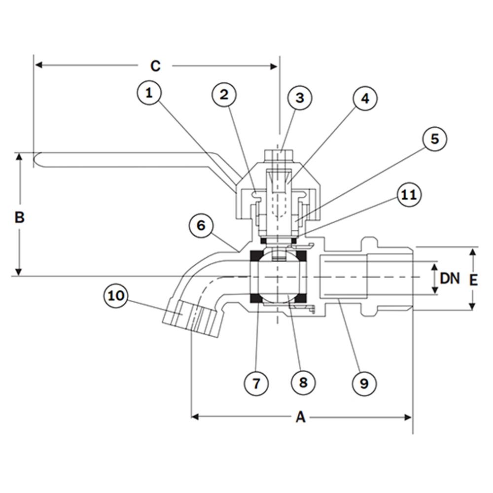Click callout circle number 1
(151, 93)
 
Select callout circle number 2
(224, 95)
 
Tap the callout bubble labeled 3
(300, 98)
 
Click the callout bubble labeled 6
(201, 226)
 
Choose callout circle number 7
(256, 383)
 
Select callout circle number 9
(364, 383)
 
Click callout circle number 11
(409, 196)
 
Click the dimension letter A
(300, 418)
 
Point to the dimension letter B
(19, 217)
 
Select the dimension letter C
(155, 66)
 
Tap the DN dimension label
(450, 279)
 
